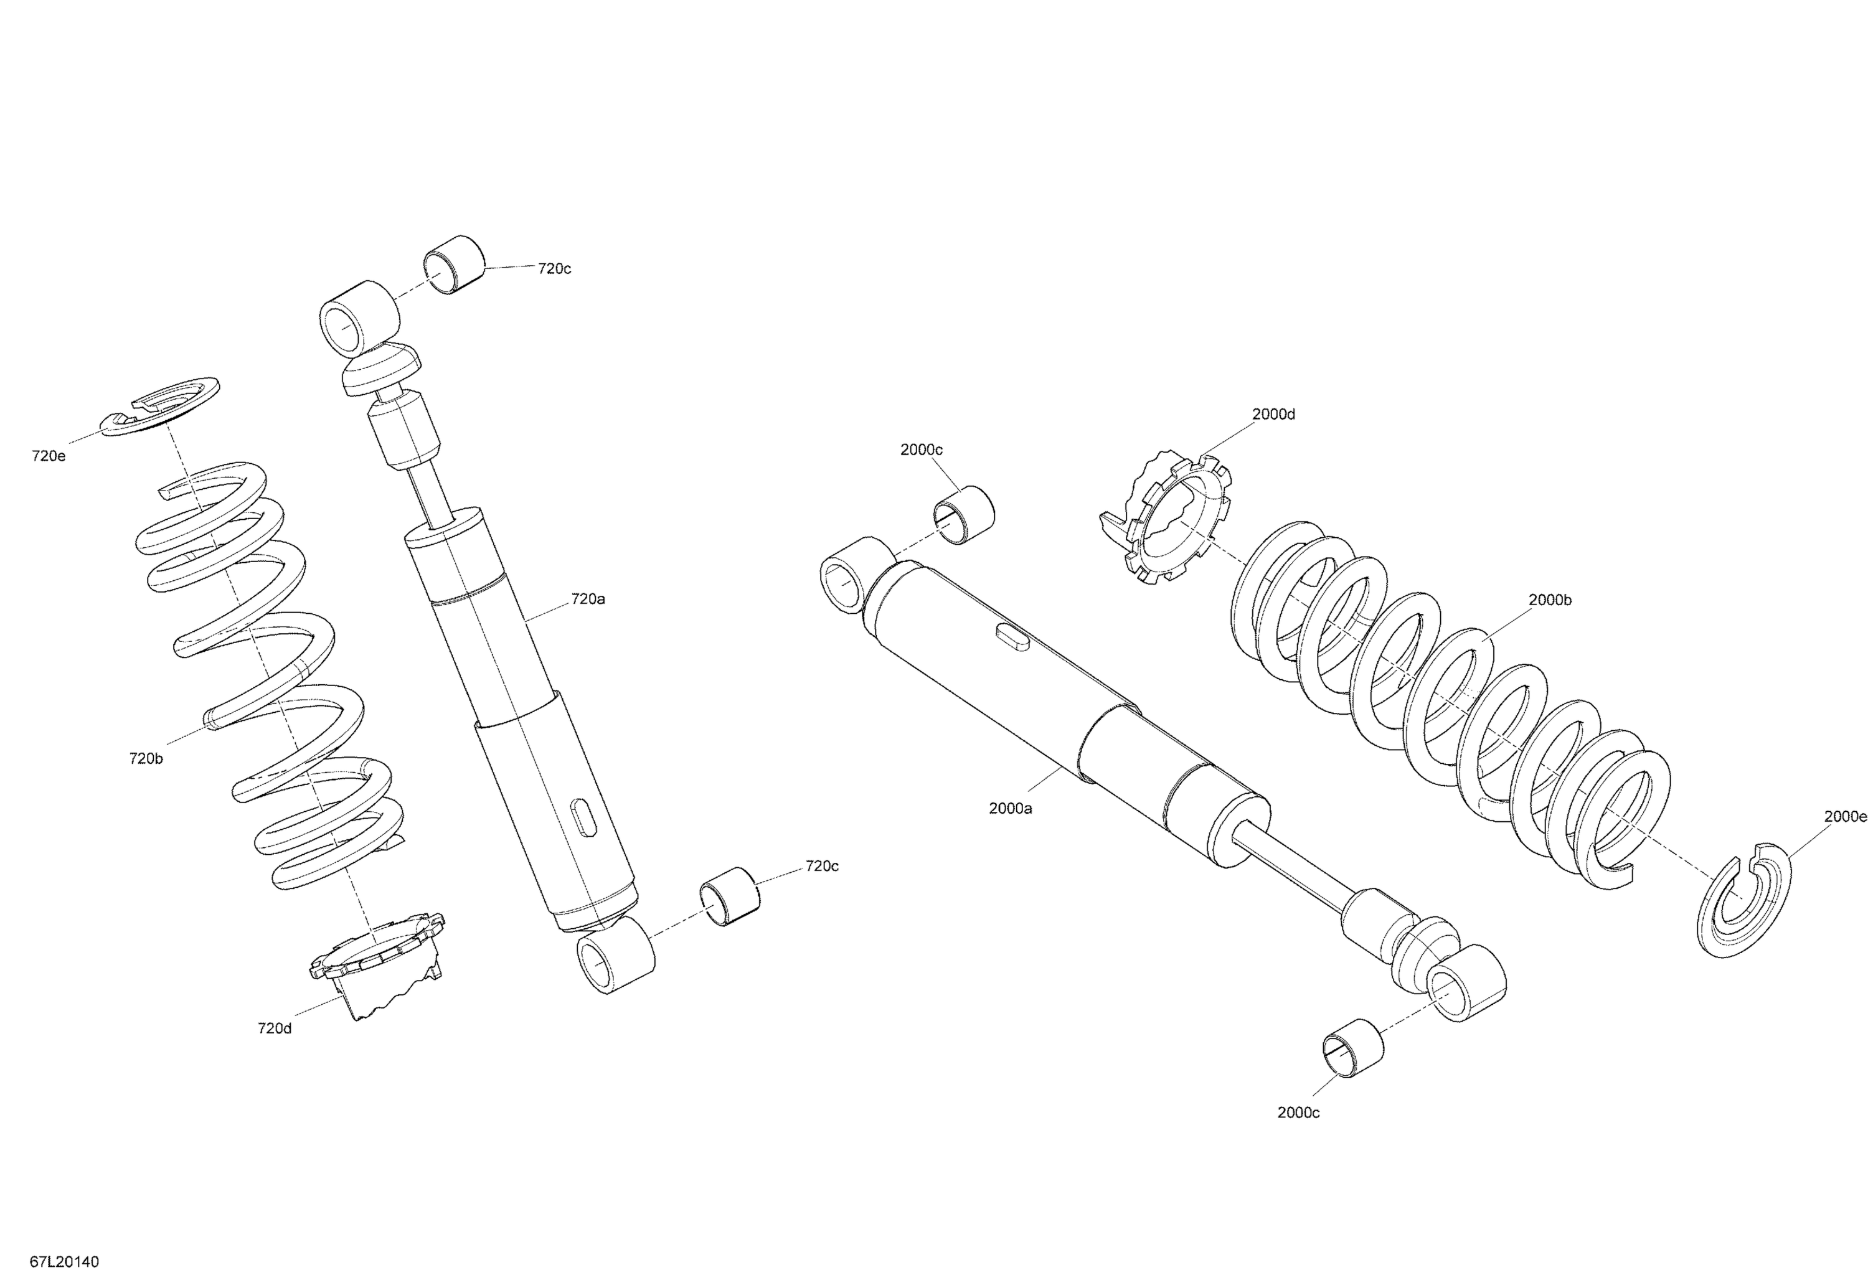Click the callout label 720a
[588, 600]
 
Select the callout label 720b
[146, 758]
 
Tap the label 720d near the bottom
[274, 1028]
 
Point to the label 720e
[48, 456]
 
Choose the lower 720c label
[821, 866]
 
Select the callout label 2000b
[1550, 600]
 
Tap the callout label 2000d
[1273, 415]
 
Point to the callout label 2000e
[1845, 817]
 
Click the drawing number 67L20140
[64, 1262]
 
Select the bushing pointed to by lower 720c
[730, 896]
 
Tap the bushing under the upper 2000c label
[964, 514]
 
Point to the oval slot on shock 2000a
[1011, 636]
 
